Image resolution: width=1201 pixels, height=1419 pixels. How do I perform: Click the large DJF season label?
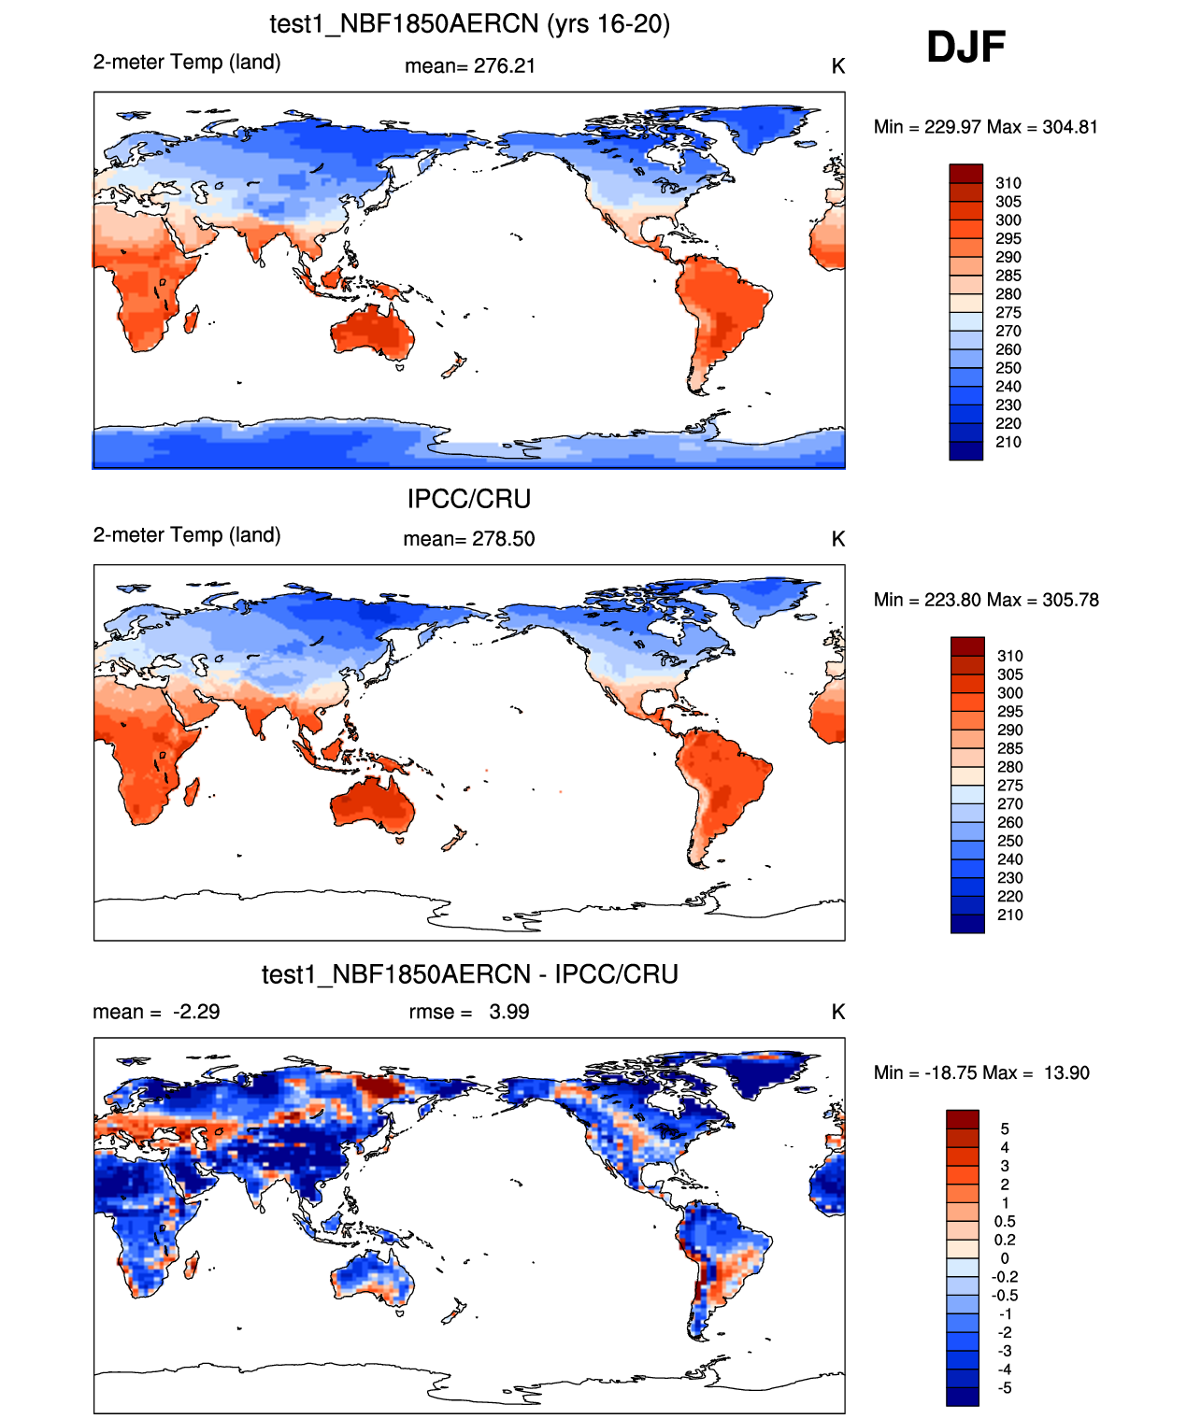(x=965, y=48)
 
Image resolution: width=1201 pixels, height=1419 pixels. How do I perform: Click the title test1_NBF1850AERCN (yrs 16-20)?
(x=469, y=23)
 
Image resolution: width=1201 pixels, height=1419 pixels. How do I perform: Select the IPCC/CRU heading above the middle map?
(x=468, y=499)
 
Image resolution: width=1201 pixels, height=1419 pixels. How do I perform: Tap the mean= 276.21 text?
(x=469, y=66)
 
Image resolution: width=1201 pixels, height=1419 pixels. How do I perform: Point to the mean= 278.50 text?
(x=468, y=539)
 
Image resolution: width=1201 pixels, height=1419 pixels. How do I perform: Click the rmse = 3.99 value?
(x=468, y=1012)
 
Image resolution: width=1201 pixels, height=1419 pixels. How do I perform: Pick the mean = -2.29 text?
(x=156, y=1012)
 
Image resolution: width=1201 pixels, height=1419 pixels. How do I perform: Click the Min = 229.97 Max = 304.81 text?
(x=985, y=127)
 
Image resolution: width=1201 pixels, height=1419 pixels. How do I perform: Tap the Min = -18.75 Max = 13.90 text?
(x=981, y=1072)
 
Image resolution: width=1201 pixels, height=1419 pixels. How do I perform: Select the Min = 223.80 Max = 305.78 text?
(x=986, y=600)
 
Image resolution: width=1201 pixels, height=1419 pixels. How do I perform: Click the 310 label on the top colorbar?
(x=1008, y=183)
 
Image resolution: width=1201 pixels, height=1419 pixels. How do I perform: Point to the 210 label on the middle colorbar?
(x=1009, y=915)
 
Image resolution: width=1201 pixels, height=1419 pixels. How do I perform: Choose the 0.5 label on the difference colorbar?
(x=1005, y=1222)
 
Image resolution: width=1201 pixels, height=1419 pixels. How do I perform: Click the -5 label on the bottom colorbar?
(x=1004, y=1388)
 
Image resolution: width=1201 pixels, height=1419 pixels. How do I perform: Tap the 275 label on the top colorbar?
(x=1008, y=313)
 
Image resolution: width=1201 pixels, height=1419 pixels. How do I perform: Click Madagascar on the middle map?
(x=193, y=793)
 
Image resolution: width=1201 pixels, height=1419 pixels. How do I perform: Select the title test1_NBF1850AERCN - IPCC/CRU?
(x=469, y=974)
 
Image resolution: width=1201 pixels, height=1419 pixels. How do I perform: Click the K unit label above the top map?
(x=837, y=66)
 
